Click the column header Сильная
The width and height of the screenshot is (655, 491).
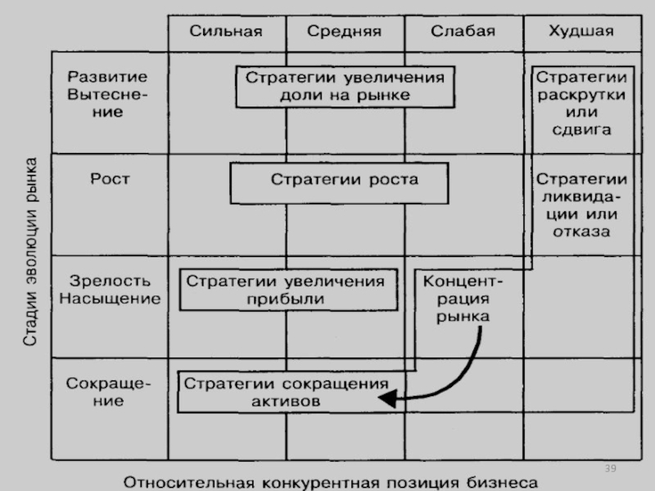pos(226,31)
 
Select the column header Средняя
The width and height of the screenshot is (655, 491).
pos(344,31)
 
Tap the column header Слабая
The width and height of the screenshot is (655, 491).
pos(463,31)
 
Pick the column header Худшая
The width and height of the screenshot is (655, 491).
pos(581,31)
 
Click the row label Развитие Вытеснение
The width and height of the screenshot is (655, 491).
pos(108,94)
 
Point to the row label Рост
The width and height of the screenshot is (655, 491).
pos(111,179)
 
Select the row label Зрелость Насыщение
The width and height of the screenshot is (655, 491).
pos(110,290)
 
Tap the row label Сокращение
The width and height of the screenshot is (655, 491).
pos(108,392)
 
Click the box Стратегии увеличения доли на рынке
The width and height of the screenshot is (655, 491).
pos(345,87)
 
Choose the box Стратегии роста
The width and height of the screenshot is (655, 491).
pos(339,183)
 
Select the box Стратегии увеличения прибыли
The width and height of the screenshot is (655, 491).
pos(288,290)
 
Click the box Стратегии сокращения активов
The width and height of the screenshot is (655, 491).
pos(291,392)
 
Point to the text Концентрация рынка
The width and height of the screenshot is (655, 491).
pos(463,299)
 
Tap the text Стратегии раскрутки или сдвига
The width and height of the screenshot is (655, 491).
pos(581,103)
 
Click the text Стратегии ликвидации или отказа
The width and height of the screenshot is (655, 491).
pos(581,205)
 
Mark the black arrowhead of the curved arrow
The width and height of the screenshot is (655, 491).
pos(386,399)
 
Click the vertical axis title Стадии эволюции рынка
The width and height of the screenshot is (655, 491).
pos(30,252)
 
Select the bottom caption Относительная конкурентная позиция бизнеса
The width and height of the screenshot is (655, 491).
pos(331,483)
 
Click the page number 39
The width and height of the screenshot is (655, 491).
pos(610,468)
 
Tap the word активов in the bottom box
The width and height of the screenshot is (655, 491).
pos(286,402)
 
